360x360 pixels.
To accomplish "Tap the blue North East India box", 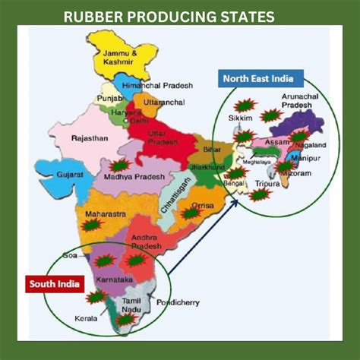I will tap(262, 77).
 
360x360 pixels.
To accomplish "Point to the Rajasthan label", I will tap(90, 138).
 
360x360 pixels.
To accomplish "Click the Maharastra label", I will tap(105, 214).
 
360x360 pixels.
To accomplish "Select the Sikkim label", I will tap(240, 118).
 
